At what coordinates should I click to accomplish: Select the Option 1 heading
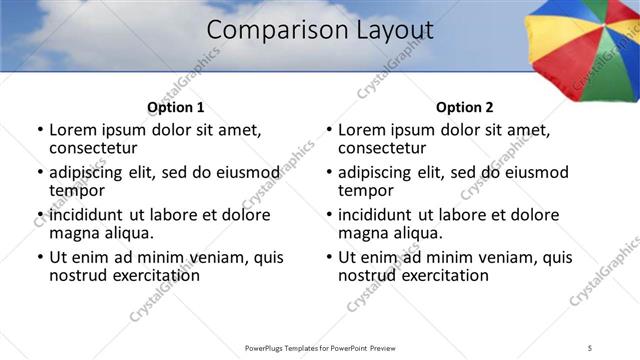tap(175, 107)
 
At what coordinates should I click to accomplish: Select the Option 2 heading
tap(464, 107)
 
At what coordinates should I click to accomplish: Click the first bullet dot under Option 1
tap(40, 130)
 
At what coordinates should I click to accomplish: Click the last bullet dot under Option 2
tap(329, 257)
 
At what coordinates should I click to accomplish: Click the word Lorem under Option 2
tap(362, 130)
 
